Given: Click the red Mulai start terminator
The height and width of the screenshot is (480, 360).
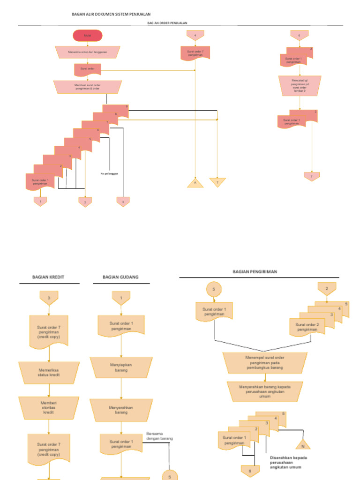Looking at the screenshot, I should coord(88,36).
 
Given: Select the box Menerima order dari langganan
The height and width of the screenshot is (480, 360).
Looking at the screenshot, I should coord(88,52).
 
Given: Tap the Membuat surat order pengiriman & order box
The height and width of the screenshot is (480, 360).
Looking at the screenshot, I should coord(88,87).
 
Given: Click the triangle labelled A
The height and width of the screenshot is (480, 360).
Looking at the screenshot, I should coord(195,183).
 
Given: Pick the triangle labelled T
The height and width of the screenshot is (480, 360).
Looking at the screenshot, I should coord(217,182).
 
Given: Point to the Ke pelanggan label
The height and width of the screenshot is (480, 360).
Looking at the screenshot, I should coord(109,173).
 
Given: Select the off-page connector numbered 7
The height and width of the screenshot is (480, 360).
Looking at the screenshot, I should coord(312,177).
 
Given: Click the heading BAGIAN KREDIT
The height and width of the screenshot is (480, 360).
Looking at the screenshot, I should coord(48,277).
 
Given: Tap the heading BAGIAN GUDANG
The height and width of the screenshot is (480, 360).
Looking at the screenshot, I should coord(121,277).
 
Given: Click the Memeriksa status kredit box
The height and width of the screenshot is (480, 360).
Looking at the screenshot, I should coord(48,373).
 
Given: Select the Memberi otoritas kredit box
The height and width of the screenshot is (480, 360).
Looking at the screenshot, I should coord(48,408).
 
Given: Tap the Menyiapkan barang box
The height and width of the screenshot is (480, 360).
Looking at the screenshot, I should coord(121,367).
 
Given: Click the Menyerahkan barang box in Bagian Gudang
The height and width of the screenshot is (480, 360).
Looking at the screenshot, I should coord(121,410).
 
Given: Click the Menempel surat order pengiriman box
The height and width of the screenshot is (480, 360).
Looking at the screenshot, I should coord(265,362).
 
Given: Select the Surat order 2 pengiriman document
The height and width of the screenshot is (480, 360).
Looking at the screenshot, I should coord(307,327).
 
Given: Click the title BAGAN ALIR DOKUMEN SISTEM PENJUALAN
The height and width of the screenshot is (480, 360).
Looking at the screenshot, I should coord(111,15).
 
